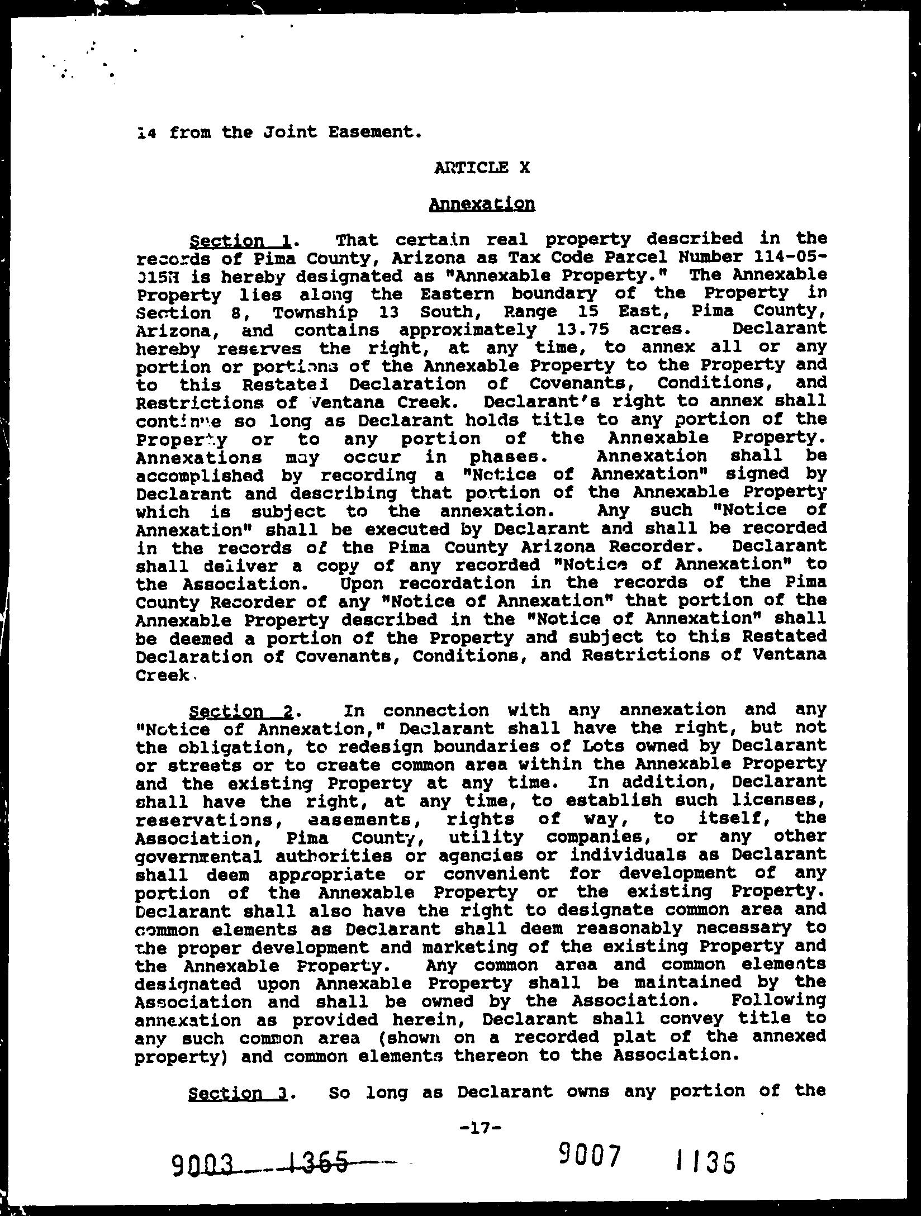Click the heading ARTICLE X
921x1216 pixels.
[x=481, y=167]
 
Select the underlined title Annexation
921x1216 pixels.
[x=481, y=203]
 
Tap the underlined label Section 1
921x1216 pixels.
[x=240, y=241]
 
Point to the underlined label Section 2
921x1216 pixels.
[x=241, y=711]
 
